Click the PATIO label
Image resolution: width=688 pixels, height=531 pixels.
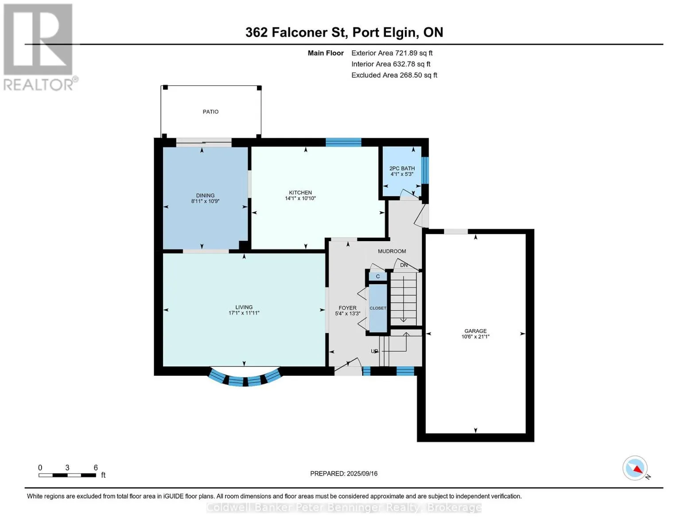[210, 112]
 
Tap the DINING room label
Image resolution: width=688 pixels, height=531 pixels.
[205, 196]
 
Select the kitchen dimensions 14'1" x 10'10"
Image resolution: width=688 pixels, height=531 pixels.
[300, 198]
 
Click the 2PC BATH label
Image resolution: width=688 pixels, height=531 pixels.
[402, 169]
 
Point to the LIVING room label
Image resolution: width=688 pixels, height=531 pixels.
[244, 307]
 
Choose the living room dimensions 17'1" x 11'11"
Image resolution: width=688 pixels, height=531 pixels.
[244, 313]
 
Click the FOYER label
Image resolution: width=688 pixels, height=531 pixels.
[347, 308]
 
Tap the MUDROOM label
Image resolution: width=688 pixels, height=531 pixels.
[392, 251]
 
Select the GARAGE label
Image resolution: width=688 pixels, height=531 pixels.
[475, 331]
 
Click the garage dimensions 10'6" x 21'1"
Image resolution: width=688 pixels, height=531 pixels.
[475, 336]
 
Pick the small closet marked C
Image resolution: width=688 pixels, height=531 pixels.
[378, 277]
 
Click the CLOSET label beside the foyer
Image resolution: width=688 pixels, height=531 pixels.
[378, 308]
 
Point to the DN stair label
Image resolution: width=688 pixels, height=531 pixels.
[404, 265]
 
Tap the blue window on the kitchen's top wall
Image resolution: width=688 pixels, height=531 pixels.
[343, 142]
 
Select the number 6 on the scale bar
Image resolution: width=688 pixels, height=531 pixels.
[96, 467]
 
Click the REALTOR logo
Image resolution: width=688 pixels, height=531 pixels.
[39, 47]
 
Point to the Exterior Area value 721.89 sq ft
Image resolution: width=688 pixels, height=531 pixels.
[413, 53]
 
